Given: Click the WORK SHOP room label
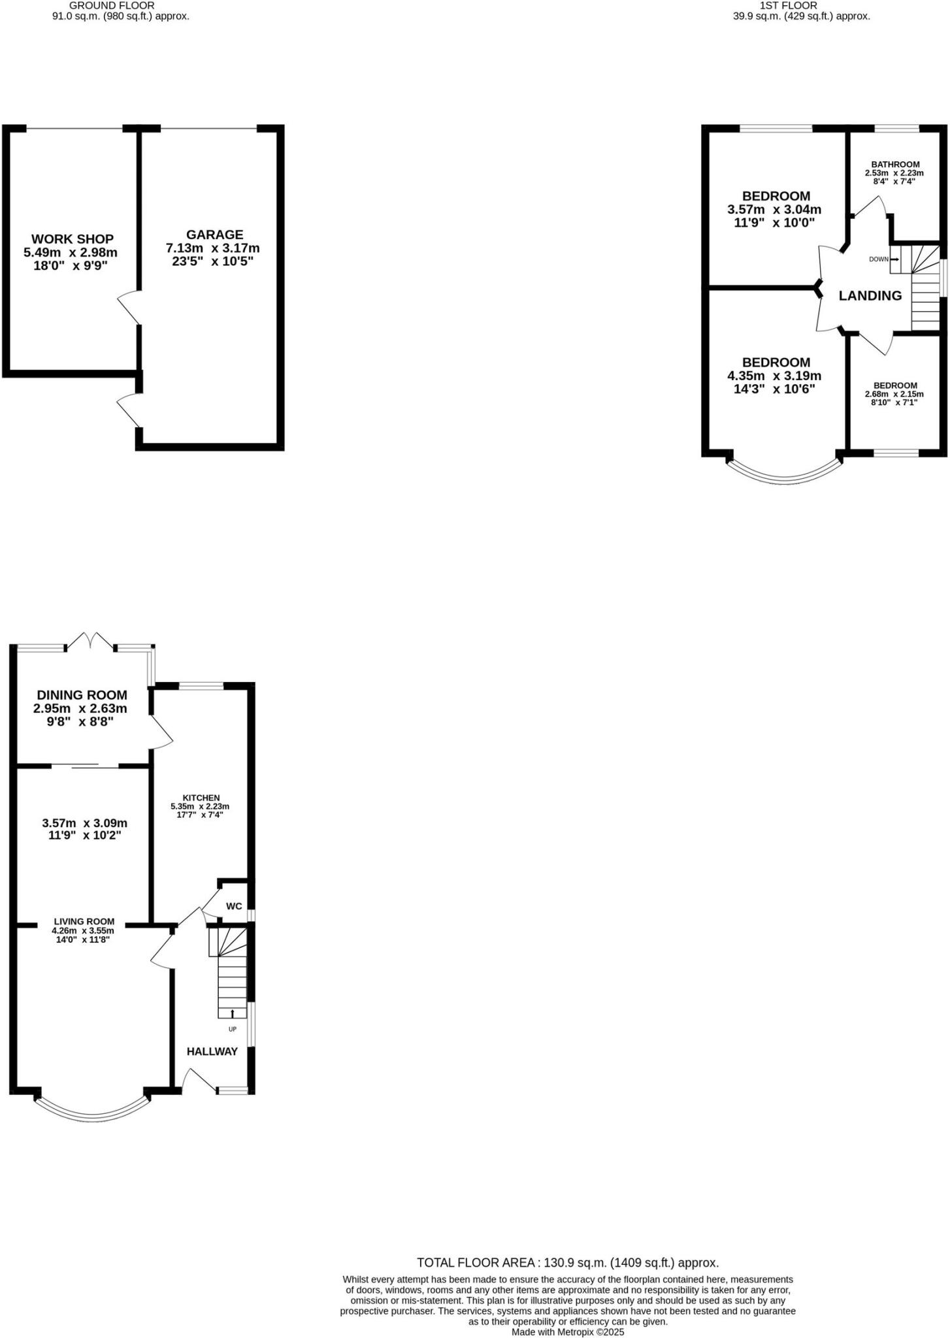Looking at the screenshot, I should (73, 239).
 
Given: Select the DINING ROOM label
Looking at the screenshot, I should (82, 695).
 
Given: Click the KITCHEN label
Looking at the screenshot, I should (201, 798).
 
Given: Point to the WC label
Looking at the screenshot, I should (234, 906).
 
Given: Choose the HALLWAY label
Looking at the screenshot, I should (212, 1051).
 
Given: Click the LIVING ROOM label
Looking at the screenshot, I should (84, 922).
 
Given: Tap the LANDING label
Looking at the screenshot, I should (870, 296).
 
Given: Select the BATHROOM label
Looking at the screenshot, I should (895, 165).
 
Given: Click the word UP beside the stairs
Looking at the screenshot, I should (232, 1029).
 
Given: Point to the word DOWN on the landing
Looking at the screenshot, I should (879, 259).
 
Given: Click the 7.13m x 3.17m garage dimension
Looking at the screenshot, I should (212, 248).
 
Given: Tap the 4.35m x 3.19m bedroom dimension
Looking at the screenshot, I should (774, 376).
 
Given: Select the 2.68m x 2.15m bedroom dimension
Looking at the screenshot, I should (894, 395).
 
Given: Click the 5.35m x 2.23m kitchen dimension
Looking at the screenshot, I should (201, 807).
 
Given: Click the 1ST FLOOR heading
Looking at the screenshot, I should (802, 5).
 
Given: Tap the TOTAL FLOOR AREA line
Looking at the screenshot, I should (568, 1263).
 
